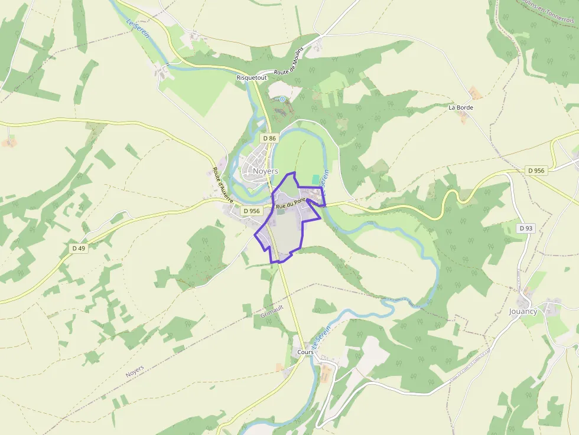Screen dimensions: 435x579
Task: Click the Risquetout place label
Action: point(252,77)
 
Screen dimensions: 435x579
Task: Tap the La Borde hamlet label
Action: point(461,107)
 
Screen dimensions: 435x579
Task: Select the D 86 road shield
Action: point(269,138)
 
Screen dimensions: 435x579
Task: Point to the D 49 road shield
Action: point(79,248)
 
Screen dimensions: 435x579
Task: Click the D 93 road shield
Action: point(525,228)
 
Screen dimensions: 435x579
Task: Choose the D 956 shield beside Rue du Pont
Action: point(251,211)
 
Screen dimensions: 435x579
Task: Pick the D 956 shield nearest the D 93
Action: point(536,171)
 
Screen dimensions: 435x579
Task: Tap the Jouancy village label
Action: point(523,311)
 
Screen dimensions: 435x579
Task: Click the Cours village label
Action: point(305,352)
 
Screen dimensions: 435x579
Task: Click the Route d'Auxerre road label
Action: point(223,185)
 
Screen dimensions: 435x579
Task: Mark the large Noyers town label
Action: point(265,171)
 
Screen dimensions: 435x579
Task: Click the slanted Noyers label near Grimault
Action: point(135,371)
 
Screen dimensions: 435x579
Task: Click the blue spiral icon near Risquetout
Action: point(282,99)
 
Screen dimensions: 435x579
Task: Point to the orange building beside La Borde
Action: point(474,93)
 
